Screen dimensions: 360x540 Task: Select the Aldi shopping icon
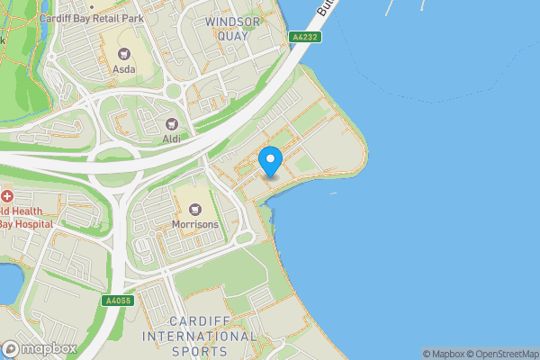(x=171, y=123)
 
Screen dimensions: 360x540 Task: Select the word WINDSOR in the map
(x=233, y=21)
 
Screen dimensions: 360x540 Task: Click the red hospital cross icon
(x=6, y=195)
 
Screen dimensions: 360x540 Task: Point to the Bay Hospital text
(x=27, y=222)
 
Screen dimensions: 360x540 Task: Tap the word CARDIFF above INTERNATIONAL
(x=201, y=321)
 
